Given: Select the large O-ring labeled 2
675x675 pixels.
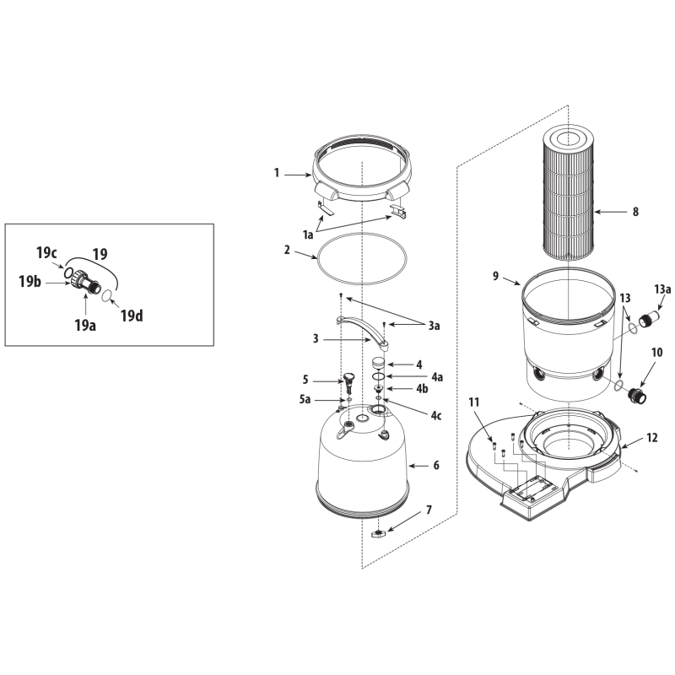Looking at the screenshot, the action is click(362, 235).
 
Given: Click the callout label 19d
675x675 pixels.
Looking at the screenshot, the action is click(132, 316).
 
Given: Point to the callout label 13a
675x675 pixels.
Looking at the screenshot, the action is click(662, 289).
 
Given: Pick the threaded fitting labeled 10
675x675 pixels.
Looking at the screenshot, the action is click(637, 396).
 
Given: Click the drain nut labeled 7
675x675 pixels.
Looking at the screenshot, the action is click(378, 534).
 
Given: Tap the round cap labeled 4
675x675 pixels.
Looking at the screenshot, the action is click(378, 362).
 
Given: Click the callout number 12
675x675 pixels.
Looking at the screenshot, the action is click(651, 438).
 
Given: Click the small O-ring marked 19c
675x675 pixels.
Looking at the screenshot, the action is click(68, 272).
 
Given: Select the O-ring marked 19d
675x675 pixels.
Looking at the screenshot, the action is click(107, 295).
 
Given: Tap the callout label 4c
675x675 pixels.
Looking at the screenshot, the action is click(436, 415).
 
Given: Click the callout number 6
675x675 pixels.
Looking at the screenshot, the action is click(436, 465).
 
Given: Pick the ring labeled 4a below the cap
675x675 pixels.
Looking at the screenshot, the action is click(378, 376).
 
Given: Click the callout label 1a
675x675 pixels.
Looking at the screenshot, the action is click(308, 235).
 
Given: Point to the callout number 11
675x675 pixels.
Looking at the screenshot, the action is click(473, 402).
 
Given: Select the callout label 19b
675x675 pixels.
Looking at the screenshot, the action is click(30, 282).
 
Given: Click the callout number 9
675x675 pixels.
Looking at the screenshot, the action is click(495, 276).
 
